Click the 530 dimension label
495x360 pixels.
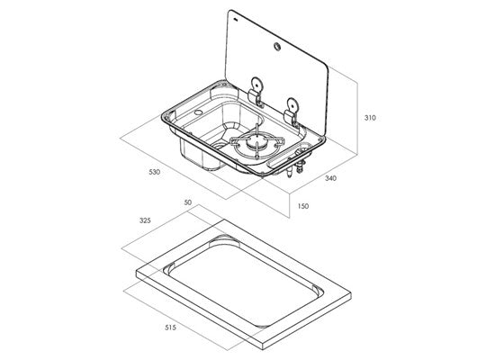155,172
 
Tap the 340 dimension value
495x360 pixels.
330,178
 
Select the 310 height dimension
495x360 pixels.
370,118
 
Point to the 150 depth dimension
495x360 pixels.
302,206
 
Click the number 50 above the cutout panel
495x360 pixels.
188,202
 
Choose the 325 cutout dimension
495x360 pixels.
145,220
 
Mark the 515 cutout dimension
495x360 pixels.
170,328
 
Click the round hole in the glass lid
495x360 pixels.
277,47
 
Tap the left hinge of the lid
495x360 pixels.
256,92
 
